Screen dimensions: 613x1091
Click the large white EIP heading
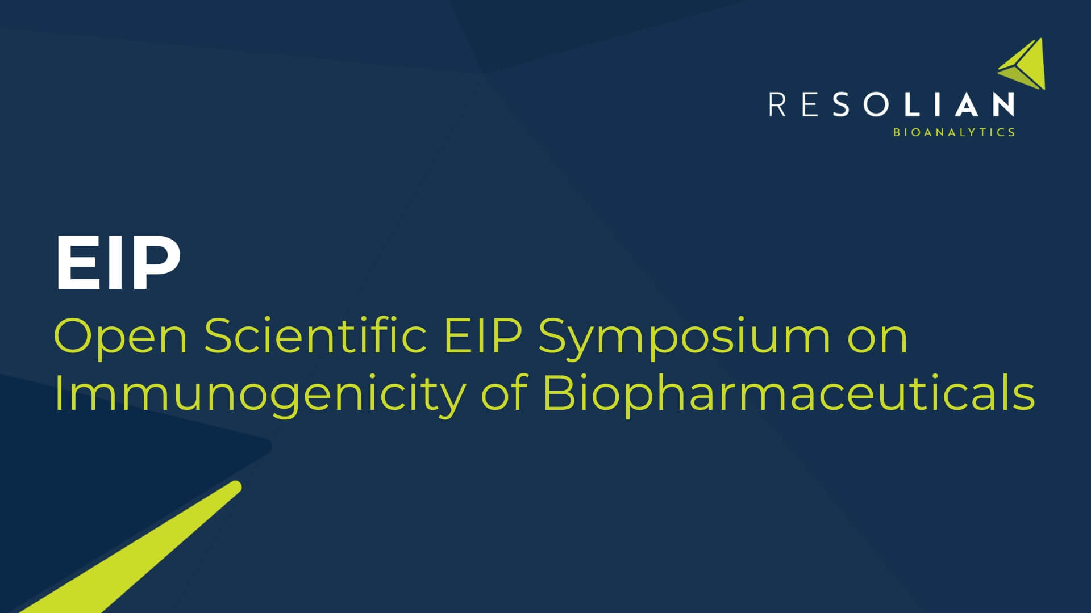[x=118, y=263]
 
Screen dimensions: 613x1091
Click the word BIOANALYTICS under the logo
[x=954, y=132]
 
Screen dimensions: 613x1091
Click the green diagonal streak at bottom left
[x=142, y=551]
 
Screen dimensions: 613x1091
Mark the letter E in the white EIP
[x=75, y=263]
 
